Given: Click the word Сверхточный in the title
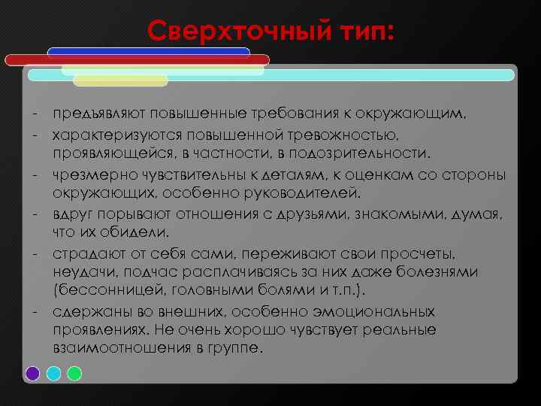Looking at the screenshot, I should (234, 31).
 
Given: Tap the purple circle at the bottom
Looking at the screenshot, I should (32, 373).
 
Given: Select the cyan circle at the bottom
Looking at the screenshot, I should (53, 373).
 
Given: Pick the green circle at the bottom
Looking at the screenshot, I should (74, 373).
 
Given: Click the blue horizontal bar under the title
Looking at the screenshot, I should (148, 51).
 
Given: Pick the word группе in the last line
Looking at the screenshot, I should (240, 350).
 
